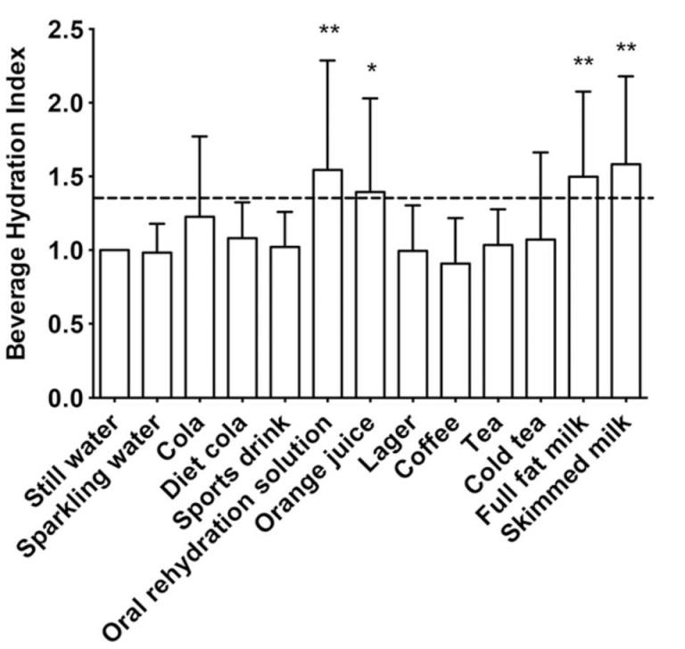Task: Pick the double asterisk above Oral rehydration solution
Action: [x=328, y=32]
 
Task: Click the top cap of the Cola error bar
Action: [x=200, y=136]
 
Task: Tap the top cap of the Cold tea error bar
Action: [x=541, y=152]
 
